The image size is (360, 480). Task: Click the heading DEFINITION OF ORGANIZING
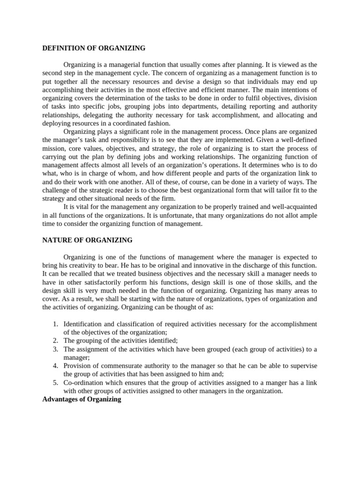pos(94,48)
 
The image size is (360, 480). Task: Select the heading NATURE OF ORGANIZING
pos(87,240)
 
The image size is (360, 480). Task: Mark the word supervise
pos(303,366)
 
